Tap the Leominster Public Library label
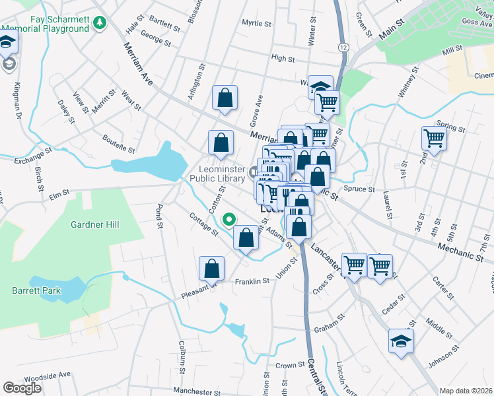coord(218,173)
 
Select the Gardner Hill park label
coord(95,225)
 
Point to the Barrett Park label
coord(36,290)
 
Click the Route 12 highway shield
coord(343,47)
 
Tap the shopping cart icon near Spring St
coord(434,139)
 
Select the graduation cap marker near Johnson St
coord(400,341)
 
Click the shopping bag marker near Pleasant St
coord(211,269)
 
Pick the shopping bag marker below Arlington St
coord(225,98)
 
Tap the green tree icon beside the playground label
coord(100,24)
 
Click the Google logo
coord(22,387)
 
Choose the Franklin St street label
coord(252,281)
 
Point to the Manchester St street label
coord(195,391)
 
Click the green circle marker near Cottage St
coord(230,219)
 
